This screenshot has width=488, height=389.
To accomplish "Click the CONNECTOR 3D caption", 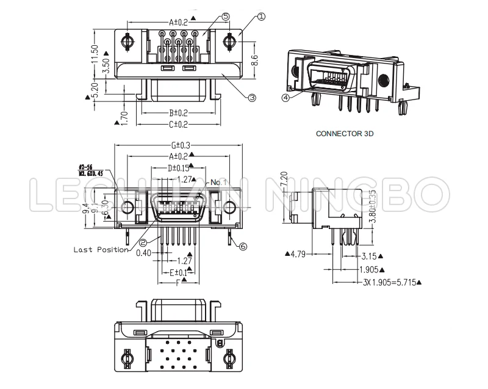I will point(344,133).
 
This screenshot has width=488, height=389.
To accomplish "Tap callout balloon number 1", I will point(261,18).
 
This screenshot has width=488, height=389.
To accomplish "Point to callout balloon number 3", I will point(252,96).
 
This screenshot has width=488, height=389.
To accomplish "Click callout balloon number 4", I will point(285,96).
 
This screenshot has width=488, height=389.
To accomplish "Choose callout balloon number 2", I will point(142,242).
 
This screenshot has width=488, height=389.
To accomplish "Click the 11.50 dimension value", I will point(95,57).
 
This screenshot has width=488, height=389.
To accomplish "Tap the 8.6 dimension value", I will point(256,60).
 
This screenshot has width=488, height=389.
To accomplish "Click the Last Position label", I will point(101,249).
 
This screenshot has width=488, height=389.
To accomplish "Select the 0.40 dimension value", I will point(144,253).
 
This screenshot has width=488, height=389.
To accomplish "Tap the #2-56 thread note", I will point(85,167).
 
